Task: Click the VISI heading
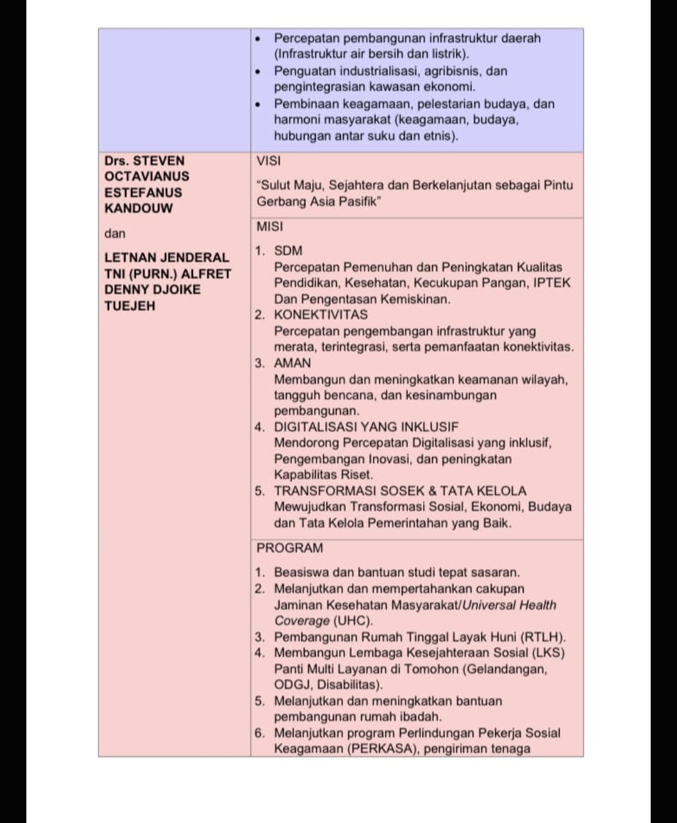point(268,160)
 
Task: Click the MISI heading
point(270,226)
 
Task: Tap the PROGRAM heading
point(290,548)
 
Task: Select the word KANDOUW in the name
point(139,208)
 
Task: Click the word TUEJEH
point(130,306)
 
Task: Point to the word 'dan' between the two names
point(115,234)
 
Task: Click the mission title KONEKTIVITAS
point(321,315)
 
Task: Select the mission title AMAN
point(292,363)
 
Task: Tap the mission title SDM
point(288,251)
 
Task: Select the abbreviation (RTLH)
point(543,637)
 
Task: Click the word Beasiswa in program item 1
point(301,572)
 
